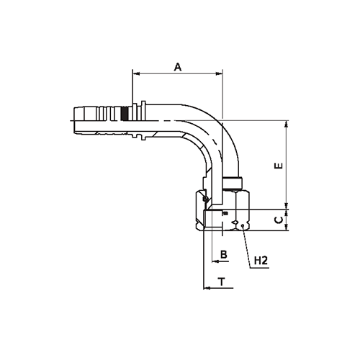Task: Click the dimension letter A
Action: point(178,67)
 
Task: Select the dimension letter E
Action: point(279,166)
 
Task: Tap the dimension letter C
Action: point(279,220)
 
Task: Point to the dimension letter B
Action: point(224,254)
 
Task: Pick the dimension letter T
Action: point(222,282)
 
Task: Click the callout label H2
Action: point(261,261)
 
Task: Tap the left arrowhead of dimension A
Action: point(136,73)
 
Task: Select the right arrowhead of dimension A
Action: point(220,73)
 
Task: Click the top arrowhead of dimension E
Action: point(286,124)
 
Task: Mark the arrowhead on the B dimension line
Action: point(215,261)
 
